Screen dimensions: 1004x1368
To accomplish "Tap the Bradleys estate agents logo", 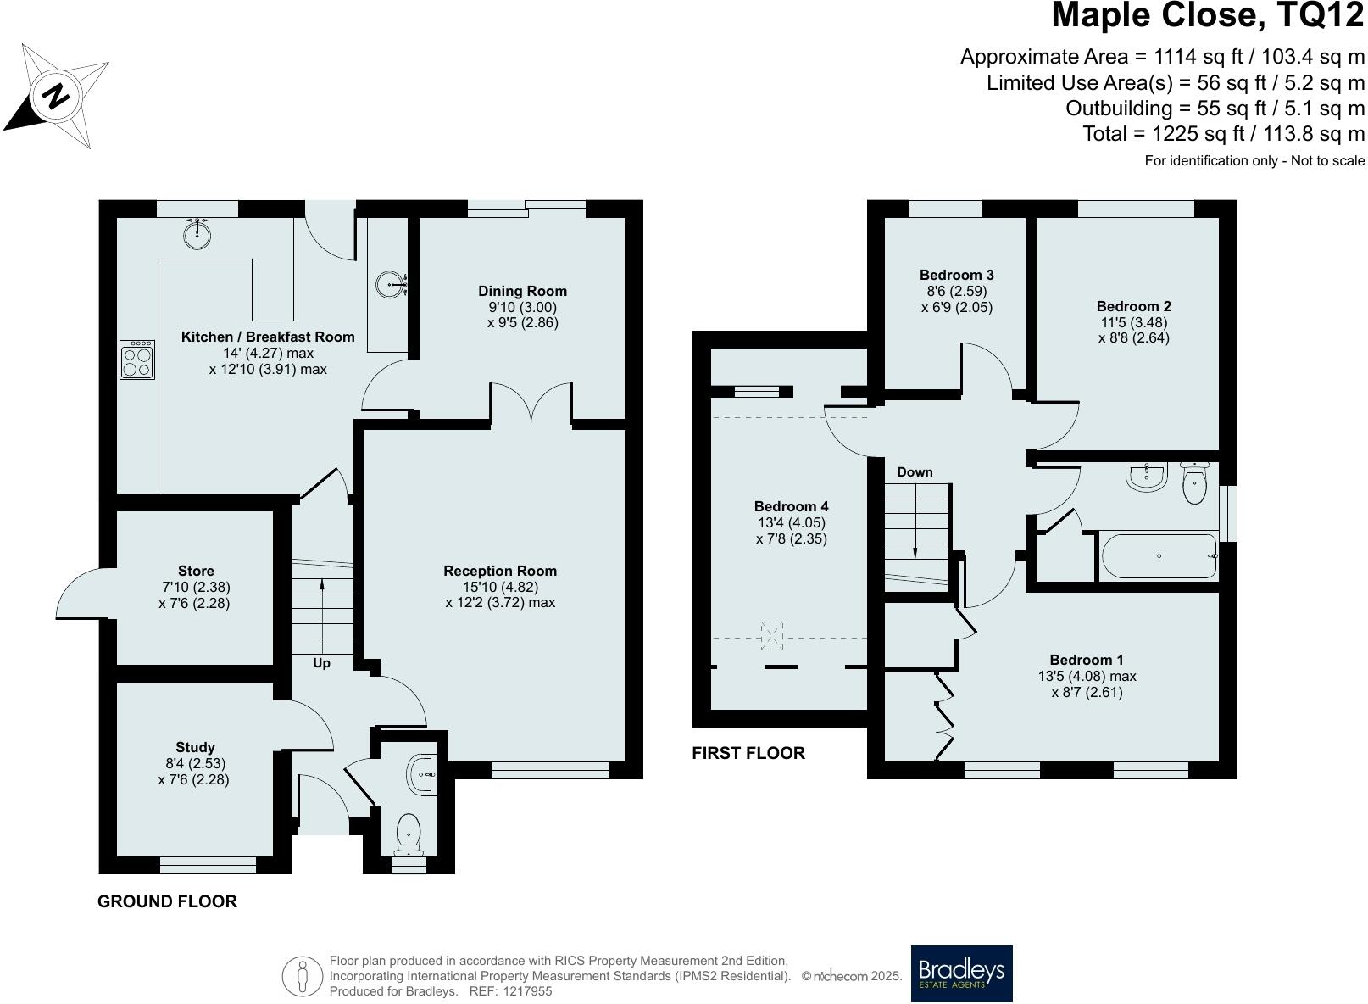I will (x=961, y=973).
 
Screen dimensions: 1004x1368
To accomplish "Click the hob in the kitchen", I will (x=137, y=360).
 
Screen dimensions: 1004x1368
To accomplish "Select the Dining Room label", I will (x=522, y=291).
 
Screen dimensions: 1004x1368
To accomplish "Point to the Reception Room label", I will (x=500, y=571).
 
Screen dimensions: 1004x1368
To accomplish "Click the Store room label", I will (x=196, y=571).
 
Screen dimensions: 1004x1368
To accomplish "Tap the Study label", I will (x=195, y=747).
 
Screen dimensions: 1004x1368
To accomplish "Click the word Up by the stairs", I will (x=321, y=663).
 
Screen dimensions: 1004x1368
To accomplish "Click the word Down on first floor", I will (x=915, y=472).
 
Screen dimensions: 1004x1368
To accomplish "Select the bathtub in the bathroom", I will (x=1158, y=556).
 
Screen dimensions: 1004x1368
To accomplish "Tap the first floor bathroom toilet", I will (x=1194, y=485).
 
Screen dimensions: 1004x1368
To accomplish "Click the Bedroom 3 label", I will (x=956, y=275).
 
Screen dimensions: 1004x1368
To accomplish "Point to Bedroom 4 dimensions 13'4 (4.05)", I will (x=791, y=523).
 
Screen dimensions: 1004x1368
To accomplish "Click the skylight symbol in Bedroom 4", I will (x=772, y=635).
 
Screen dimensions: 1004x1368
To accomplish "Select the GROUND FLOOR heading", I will (x=167, y=901).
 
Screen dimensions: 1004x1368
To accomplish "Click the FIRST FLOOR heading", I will (x=748, y=753).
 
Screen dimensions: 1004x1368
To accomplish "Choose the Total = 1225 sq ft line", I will (x=1223, y=134).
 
